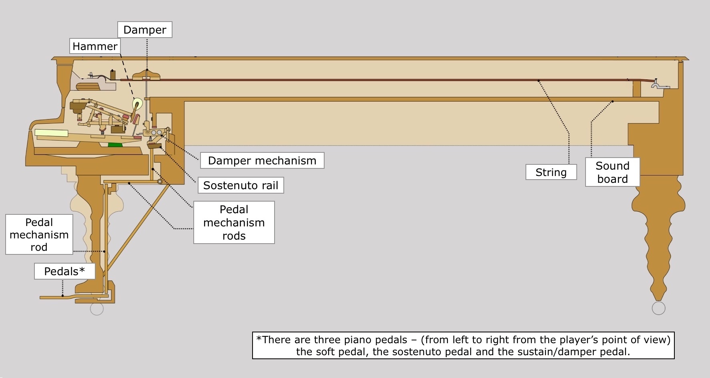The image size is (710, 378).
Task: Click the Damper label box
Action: pos(145,30)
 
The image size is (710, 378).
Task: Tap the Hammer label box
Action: pos(95,46)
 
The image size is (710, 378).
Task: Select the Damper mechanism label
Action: pos(262,160)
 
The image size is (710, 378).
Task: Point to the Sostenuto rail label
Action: pos(241,185)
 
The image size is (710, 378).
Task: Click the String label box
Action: pos(551,172)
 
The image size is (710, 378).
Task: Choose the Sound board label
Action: pos(612,172)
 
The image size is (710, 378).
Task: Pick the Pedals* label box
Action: pos(64,271)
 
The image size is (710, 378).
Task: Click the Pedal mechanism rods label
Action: pos(234,222)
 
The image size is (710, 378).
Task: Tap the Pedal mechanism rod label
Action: pos(39,234)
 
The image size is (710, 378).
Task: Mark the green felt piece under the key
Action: pos(115,144)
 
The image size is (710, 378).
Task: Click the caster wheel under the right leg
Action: pos(658,308)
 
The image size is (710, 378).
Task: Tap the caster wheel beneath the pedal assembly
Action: pos(97,309)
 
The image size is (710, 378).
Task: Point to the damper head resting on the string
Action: pos(146,75)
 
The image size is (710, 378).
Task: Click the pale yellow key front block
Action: pos(51,133)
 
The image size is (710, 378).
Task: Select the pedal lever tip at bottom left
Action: pos(41,298)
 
